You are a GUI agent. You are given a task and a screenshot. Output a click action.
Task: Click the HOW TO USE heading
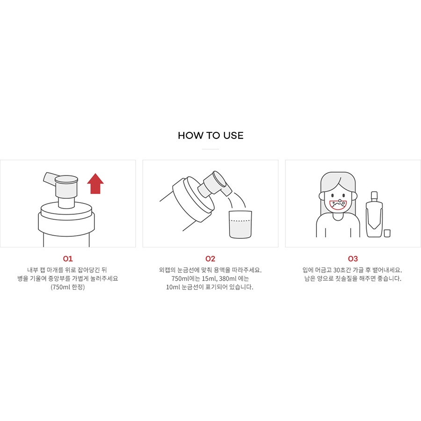point(210,135)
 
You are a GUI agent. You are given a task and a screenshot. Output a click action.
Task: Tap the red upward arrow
point(95,183)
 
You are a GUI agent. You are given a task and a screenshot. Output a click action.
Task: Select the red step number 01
point(68,259)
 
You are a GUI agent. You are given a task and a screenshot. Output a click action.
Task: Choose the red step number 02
point(210,259)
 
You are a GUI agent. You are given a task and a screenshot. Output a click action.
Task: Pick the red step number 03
point(353,259)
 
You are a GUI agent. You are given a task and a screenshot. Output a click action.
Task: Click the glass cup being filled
point(240,225)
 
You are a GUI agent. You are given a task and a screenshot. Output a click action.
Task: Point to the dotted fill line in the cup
point(240,221)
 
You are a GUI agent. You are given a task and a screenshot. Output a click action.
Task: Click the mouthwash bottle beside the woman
point(374,214)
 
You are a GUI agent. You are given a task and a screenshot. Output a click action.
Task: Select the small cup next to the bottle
point(387,233)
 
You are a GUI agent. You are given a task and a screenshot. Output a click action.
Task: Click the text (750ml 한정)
point(68,287)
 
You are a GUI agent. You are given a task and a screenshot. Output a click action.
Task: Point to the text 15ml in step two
point(209,278)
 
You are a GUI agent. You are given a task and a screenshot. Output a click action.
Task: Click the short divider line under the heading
point(210,149)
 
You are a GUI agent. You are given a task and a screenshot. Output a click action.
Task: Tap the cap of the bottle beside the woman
point(374,196)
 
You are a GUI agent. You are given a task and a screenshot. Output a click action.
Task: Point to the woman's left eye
point(333,196)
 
